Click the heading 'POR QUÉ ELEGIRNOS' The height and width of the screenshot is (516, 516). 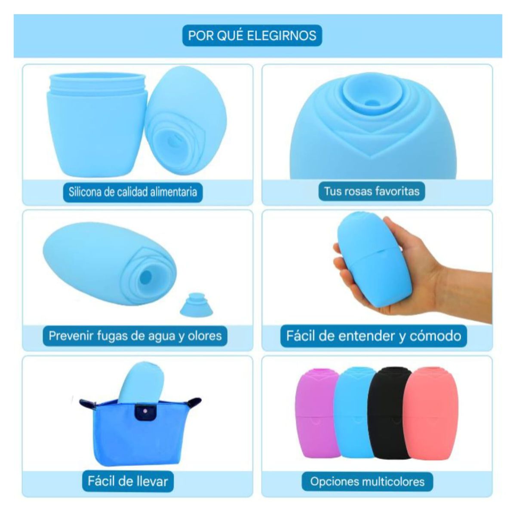252,35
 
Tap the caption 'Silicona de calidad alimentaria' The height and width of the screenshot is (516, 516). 133,191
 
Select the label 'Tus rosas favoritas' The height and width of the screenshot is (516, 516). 372,190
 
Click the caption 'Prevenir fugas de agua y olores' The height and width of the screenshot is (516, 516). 135,335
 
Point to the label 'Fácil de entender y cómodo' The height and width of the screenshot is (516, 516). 373,335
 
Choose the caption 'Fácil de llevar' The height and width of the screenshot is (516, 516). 128,480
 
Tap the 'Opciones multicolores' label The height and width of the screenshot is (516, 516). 367,481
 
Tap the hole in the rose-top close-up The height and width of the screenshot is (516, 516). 369,103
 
